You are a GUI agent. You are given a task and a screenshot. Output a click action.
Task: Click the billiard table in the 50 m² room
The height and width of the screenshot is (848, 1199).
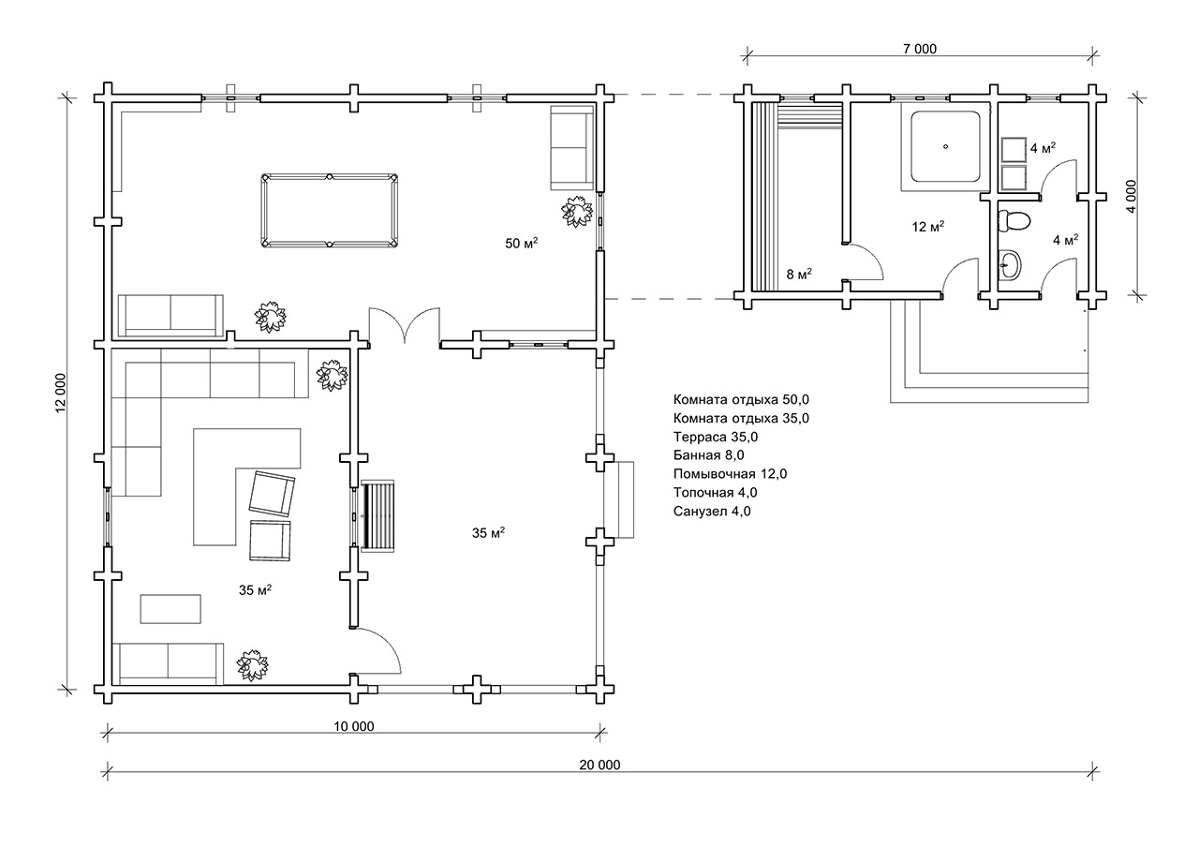click(x=329, y=211)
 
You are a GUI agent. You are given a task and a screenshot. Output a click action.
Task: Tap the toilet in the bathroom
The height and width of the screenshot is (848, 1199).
click(x=1014, y=221)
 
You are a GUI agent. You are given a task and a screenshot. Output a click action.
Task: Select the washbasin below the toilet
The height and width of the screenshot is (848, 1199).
click(x=1010, y=265)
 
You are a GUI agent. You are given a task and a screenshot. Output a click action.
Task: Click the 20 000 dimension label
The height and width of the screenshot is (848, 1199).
click(x=599, y=765)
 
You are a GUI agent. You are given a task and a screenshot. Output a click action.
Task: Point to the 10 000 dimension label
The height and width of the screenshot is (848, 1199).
click(x=354, y=726)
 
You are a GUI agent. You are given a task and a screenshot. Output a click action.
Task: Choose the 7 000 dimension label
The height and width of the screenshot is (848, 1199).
click(x=920, y=49)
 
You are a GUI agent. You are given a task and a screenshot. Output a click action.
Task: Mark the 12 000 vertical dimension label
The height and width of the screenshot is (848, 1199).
click(x=60, y=393)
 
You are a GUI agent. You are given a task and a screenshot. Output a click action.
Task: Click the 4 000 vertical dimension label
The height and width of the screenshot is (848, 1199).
click(x=1131, y=197)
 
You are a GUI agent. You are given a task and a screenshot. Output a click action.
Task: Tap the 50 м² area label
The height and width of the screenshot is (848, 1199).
click(x=522, y=243)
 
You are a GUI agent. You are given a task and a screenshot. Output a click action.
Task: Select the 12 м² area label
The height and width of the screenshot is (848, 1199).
click(x=928, y=227)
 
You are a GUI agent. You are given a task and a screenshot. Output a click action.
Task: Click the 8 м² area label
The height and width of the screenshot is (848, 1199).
click(x=799, y=275)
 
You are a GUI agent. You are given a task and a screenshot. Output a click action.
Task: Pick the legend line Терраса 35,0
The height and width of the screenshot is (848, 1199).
click(x=716, y=437)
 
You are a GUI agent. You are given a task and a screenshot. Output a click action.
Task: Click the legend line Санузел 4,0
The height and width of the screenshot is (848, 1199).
click(x=712, y=512)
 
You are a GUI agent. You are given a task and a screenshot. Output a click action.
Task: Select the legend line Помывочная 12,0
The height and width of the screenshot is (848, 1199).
click(x=730, y=474)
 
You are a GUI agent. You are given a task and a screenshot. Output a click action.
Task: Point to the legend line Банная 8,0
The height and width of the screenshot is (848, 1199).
click(x=709, y=455)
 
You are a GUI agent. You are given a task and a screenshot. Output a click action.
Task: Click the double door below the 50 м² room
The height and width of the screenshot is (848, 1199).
click(x=405, y=325)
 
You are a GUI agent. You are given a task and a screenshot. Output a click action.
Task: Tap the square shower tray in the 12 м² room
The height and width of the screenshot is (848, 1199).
click(x=946, y=147)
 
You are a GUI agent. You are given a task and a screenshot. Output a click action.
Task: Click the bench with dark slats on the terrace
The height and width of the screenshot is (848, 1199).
click(x=379, y=515)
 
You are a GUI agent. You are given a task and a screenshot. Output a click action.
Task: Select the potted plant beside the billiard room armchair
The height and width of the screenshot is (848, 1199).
click(x=577, y=212)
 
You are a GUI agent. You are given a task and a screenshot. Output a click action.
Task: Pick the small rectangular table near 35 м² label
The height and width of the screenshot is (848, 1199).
click(x=170, y=609)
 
